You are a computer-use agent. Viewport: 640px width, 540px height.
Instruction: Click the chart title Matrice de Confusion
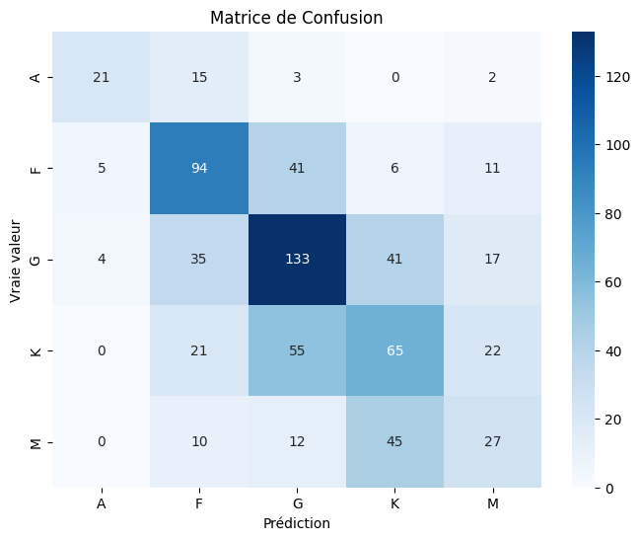point(297,17)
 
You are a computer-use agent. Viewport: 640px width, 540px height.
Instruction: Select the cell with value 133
point(297,260)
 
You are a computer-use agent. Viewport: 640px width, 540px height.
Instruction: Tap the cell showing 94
point(198,169)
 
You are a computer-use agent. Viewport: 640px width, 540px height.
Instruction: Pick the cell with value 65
point(394,350)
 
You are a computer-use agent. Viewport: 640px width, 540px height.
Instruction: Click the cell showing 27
point(492,441)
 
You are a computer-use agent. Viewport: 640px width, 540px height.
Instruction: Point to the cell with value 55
point(297,350)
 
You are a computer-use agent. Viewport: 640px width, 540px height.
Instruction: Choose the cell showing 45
point(394,441)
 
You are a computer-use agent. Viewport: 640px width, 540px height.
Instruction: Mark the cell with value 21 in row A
point(101,78)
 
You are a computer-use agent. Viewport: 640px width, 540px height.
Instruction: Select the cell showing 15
point(198,78)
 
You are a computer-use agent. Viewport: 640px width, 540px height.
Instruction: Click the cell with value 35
point(198,260)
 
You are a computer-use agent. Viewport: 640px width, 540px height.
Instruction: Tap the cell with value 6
point(394,169)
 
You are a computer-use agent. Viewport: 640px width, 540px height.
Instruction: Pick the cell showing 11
point(492,169)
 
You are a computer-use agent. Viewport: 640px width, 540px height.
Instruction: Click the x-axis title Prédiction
point(297,523)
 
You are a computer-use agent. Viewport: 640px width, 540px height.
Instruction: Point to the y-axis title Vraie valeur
point(17,260)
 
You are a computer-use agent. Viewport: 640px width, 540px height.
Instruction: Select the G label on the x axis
point(297,502)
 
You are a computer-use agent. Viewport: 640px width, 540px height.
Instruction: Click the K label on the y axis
point(37,350)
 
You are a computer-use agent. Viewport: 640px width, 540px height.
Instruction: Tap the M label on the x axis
point(492,502)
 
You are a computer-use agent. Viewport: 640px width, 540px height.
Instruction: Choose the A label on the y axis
point(37,78)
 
